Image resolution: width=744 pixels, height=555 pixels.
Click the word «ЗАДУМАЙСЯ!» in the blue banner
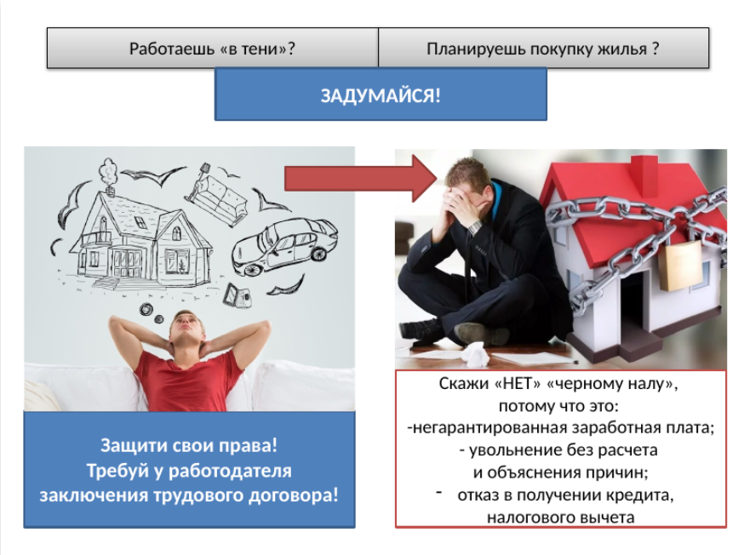point(381,95)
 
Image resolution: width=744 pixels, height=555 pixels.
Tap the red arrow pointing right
point(361,179)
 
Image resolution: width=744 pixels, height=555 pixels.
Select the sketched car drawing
point(283,246)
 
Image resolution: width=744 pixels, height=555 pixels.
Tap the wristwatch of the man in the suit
point(475,226)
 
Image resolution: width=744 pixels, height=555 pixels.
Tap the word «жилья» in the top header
point(622,49)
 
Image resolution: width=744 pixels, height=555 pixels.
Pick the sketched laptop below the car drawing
point(237,296)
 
